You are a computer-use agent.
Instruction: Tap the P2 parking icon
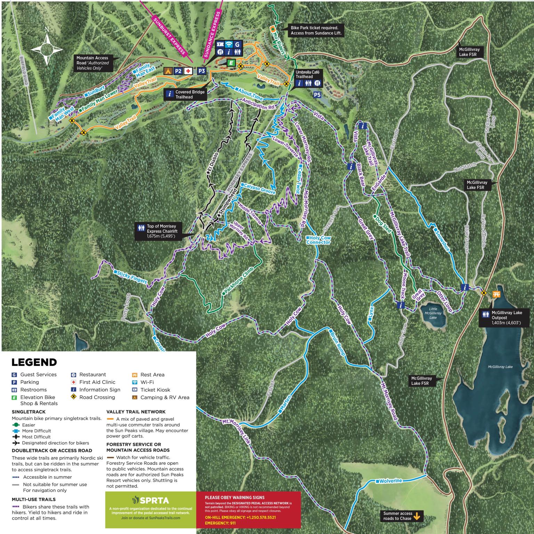tap(178, 71)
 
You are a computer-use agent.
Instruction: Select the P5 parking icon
tap(317, 94)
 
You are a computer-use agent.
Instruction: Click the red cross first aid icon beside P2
tap(188, 71)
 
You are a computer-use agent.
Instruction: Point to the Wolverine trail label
tap(390, 481)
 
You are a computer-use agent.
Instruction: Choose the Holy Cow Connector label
tap(318, 240)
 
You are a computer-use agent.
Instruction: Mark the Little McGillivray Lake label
tap(433, 313)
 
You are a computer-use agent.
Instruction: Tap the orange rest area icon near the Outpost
tap(496, 294)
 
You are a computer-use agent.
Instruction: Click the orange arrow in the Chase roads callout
tap(416, 516)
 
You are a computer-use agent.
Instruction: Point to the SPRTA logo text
tap(151, 500)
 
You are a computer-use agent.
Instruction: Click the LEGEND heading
tap(34, 362)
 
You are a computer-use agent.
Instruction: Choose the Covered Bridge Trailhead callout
tap(186, 94)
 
